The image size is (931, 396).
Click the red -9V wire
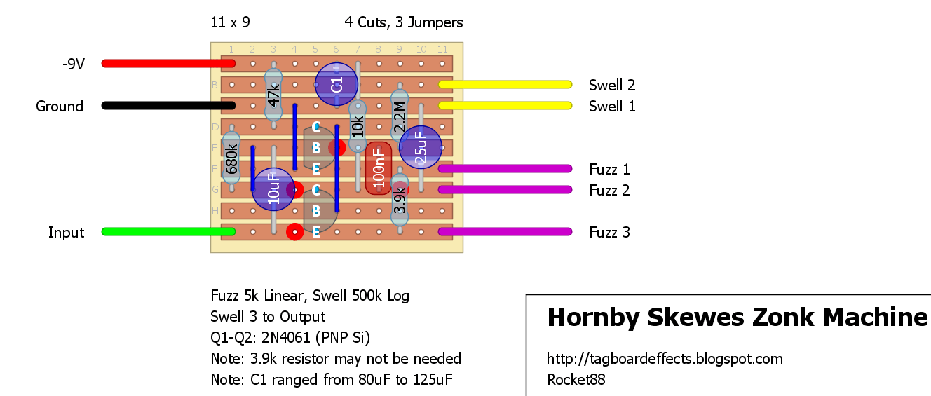pos(168,64)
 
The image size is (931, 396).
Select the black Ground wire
pos(168,106)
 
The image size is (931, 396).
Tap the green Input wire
pos(168,232)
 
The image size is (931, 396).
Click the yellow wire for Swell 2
pos(505,85)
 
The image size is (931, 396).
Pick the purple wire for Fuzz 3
pos(505,232)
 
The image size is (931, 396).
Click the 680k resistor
pos(231,158)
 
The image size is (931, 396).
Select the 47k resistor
pos(273,95)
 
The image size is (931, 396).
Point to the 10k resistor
pos(358,126)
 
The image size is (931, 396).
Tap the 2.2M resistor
pos(400,116)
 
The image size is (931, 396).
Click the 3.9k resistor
pos(400,200)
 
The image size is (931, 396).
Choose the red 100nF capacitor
pos(379,168)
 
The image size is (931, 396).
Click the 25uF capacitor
pos(421,147)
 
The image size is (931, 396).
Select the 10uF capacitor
pos(273,189)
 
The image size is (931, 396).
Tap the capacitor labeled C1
pos(337,84)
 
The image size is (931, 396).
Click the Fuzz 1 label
pos(609,169)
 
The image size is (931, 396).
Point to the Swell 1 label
pos(612,106)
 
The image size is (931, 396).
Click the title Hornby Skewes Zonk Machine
pos(738,317)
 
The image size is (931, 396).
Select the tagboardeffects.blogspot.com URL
pos(665,359)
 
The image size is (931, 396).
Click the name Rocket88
pos(576,379)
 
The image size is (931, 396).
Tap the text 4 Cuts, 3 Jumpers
pos(404,22)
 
